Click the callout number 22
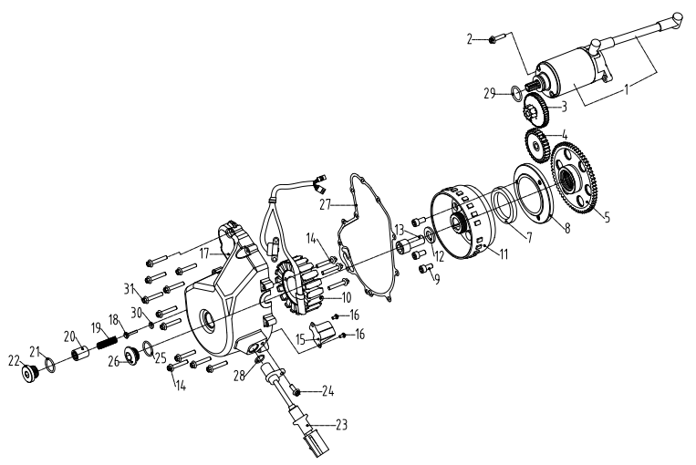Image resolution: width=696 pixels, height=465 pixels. [x=15, y=361]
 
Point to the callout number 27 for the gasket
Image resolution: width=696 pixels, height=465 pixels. [x=327, y=205]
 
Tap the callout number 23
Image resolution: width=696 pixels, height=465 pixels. [x=341, y=425]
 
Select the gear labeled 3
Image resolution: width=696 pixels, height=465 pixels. [x=536, y=108]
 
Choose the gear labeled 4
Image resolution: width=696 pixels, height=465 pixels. [x=537, y=146]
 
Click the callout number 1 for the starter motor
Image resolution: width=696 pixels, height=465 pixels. [x=627, y=89]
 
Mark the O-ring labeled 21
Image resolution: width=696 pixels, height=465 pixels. [x=50, y=367]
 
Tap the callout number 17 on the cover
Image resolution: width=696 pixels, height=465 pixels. [x=204, y=253]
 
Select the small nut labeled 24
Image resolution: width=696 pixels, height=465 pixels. [x=297, y=392]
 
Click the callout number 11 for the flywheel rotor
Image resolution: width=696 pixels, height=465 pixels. [x=504, y=253]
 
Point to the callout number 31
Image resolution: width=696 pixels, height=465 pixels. [x=129, y=289]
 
